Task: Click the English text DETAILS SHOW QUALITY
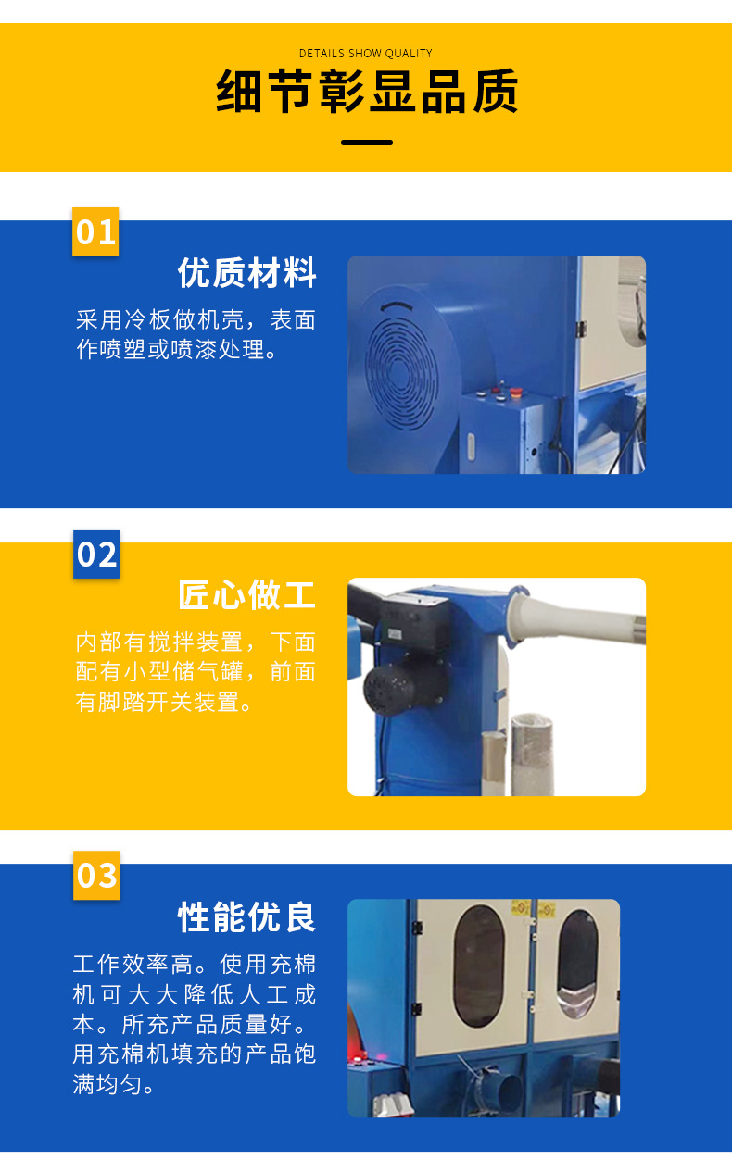(365, 54)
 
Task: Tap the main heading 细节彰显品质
(367, 92)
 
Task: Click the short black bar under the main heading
(367, 143)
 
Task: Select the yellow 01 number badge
(95, 231)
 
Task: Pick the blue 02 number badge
(96, 555)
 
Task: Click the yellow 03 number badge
(96, 876)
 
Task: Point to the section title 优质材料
(246, 272)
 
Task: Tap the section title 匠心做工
(246, 595)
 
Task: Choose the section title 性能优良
(246, 916)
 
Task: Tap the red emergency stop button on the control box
(515, 392)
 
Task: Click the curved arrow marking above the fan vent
(397, 306)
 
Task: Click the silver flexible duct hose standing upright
(532, 754)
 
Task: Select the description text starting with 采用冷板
(196, 334)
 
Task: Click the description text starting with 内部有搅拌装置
(196, 672)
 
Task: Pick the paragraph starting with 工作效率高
(195, 1024)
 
